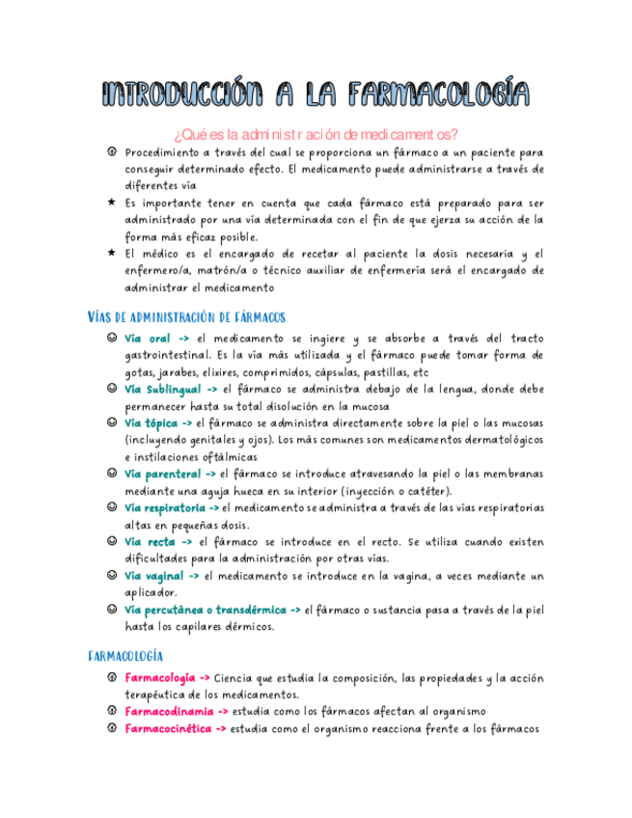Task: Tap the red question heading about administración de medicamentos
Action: click(x=316, y=134)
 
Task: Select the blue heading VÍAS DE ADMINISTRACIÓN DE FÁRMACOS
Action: click(x=186, y=316)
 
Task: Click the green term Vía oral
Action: click(x=148, y=339)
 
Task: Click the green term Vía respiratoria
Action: click(x=165, y=507)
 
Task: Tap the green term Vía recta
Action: click(x=150, y=542)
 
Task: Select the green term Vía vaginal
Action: click(x=154, y=575)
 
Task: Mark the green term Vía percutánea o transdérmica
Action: click(x=206, y=610)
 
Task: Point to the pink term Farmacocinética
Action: click(x=169, y=728)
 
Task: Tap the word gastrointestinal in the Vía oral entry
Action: click(x=166, y=355)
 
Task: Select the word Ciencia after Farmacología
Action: click(x=235, y=677)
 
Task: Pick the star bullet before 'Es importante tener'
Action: click(x=113, y=203)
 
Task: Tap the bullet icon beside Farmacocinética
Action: click(x=113, y=728)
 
